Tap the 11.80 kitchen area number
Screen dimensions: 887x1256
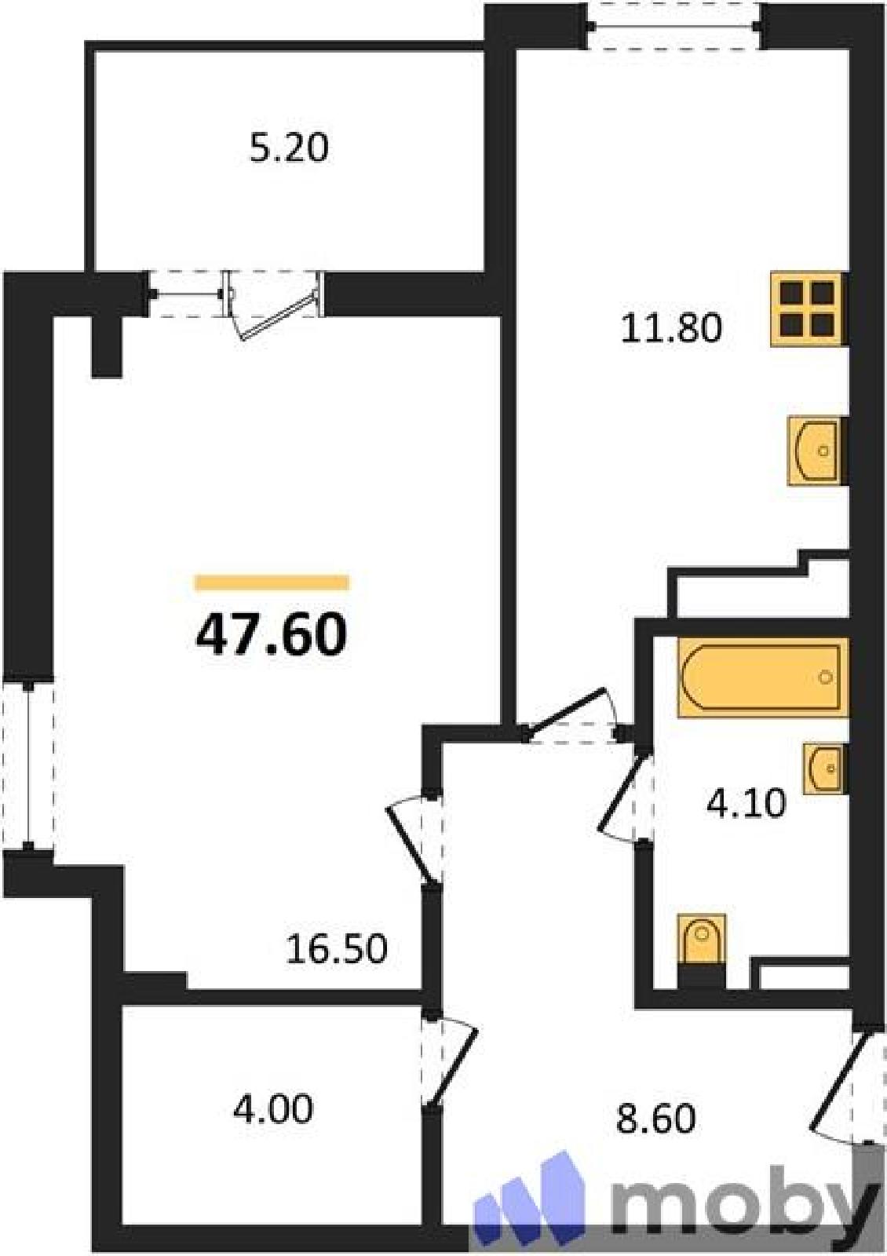671,329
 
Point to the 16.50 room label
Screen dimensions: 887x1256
337,949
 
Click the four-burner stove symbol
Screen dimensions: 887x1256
808,309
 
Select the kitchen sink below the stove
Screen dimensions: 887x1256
816,451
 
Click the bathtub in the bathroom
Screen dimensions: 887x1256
762,678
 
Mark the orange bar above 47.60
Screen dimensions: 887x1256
272,582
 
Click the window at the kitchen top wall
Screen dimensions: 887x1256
674,26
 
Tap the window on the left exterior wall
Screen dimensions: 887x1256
28,765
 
